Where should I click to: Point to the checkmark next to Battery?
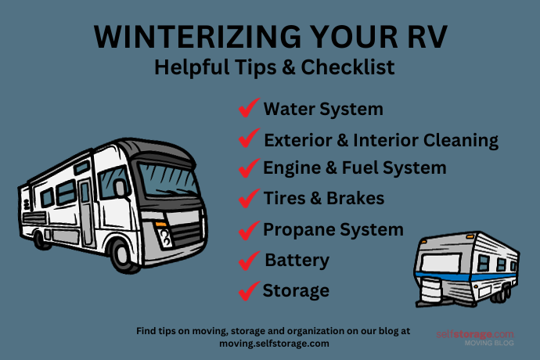[x=249, y=260]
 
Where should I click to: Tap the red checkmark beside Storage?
[x=249, y=291]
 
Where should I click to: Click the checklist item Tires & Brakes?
[x=324, y=199]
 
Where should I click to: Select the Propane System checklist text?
[x=333, y=230]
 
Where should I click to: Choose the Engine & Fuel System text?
[x=355, y=167]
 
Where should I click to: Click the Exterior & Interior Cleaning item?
[x=381, y=141]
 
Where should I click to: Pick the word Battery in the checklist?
[x=297, y=260]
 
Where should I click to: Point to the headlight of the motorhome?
[x=166, y=232]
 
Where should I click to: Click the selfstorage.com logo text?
[x=475, y=334]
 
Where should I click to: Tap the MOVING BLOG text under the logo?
[x=489, y=344]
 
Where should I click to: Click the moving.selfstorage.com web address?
[x=274, y=343]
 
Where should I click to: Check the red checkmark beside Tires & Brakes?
[x=249, y=199]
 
